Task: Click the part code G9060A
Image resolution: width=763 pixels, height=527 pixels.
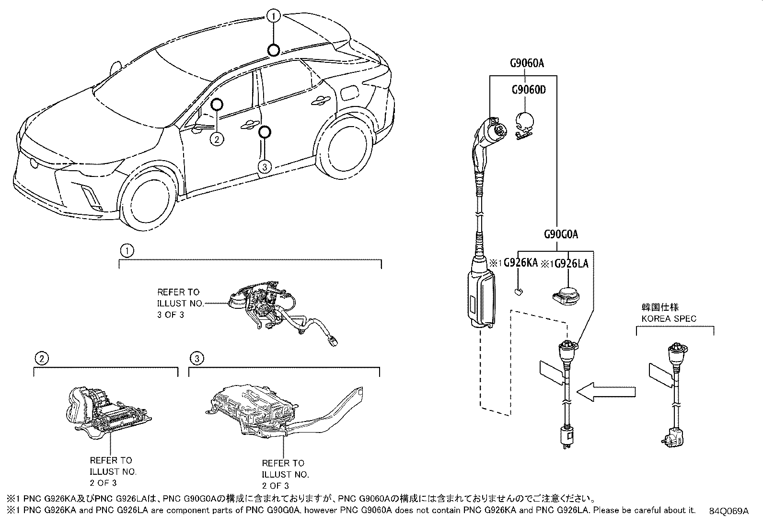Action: coord(526,63)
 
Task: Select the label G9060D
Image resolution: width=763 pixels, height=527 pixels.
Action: coord(528,90)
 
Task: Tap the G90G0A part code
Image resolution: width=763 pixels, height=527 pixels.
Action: coord(561,234)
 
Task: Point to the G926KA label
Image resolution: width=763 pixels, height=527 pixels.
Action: coord(520,263)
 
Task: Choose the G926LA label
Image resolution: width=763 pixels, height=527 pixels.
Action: coord(571,264)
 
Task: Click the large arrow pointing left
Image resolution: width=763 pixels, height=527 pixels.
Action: coord(606,391)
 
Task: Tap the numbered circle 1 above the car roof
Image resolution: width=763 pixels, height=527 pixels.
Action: coord(274,17)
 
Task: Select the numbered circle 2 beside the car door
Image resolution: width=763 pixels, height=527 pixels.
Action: coord(217,139)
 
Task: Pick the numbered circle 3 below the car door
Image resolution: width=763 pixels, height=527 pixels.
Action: coord(265,166)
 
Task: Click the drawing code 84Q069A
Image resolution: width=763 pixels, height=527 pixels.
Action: coord(728,511)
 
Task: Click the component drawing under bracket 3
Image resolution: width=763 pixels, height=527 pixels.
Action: coord(268,412)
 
